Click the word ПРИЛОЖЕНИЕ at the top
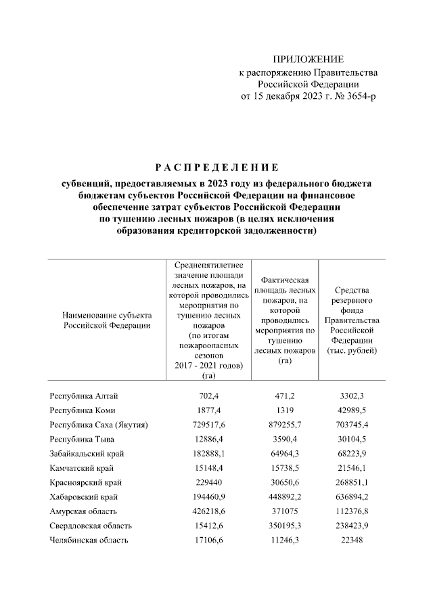[308, 60]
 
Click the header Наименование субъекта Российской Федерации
[106, 320]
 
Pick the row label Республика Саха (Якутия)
[99, 425]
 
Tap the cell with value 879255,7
[284, 425]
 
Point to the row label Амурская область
[84, 511]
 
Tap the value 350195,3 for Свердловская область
[284, 526]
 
